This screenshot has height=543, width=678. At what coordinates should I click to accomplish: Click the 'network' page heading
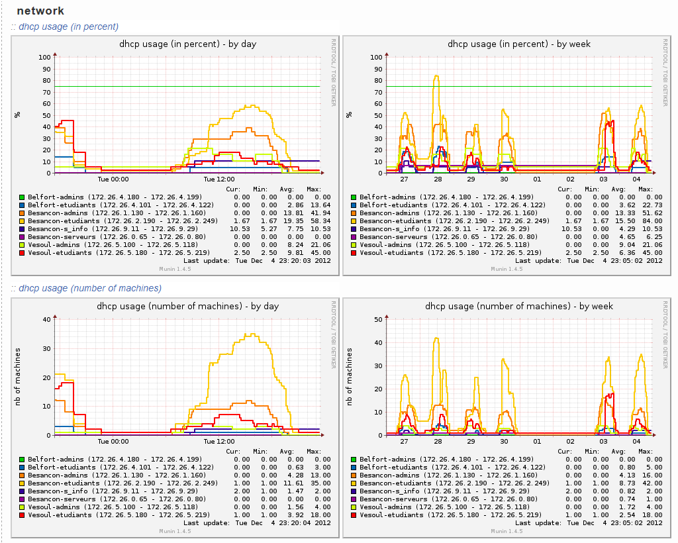click(40, 11)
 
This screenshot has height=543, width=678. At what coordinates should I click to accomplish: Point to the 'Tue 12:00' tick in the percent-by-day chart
click(219, 179)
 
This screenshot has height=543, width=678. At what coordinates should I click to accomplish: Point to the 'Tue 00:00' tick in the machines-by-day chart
click(113, 441)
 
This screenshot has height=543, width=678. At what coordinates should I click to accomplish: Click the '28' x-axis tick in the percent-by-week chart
click(438, 179)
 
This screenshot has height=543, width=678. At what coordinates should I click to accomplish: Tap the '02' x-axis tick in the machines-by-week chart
click(570, 441)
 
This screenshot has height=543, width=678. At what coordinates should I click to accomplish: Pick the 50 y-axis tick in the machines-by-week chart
click(378, 319)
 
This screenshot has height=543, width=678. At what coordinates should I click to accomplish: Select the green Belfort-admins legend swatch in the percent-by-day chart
click(22, 197)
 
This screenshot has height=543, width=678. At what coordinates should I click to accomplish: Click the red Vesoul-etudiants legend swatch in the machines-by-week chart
click(353, 515)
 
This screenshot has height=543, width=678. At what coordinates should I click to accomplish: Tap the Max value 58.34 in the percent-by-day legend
click(320, 221)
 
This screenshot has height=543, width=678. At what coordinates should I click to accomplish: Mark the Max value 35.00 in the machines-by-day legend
click(320, 483)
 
